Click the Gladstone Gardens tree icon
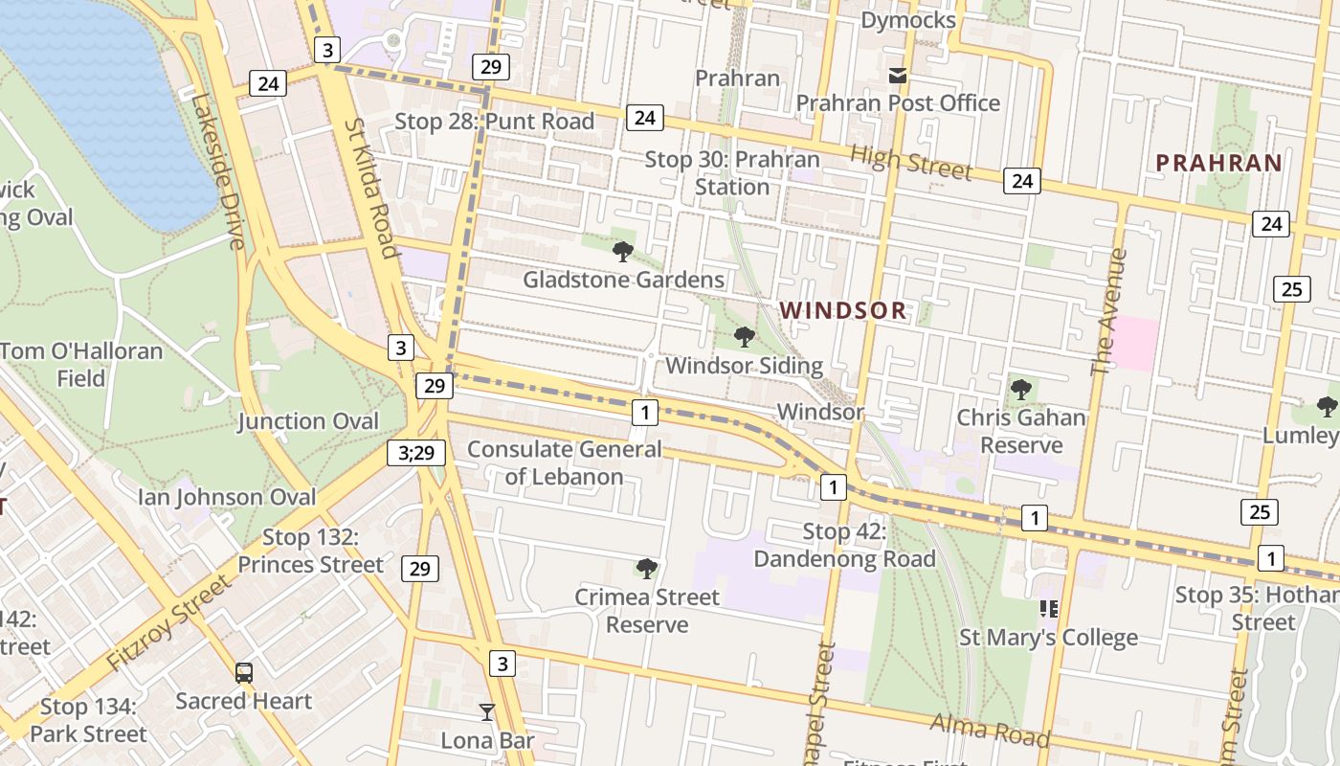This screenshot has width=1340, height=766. click(623, 252)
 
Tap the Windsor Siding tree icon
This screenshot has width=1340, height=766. click(744, 337)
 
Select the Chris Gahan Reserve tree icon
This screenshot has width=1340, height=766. click(1021, 390)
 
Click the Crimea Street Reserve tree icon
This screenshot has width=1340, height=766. click(647, 569)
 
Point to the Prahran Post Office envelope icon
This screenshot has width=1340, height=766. click(898, 76)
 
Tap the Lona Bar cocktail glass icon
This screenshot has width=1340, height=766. click(487, 711)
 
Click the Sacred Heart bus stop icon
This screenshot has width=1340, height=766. click(244, 672)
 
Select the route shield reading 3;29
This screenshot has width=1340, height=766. click(416, 453)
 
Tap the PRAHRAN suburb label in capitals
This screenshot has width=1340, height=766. click(1218, 163)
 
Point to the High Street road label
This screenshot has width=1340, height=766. click(910, 163)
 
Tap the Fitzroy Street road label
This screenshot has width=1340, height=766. click(169, 622)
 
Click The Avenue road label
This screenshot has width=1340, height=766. click(1109, 312)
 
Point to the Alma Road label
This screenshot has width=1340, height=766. click(990, 731)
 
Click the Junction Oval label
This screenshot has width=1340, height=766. click(308, 421)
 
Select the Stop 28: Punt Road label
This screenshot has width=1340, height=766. click(495, 122)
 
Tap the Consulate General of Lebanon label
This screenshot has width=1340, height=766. click(564, 462)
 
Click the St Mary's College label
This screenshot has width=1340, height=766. click(1049, 638)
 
